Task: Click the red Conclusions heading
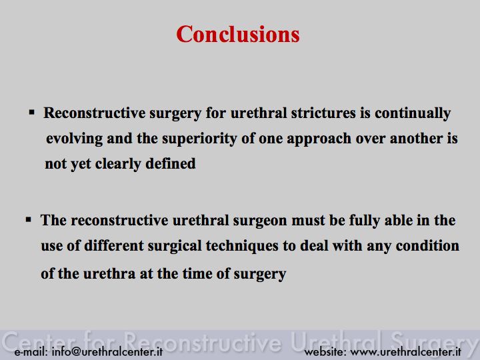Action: (238, 34)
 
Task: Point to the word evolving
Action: (75, 139)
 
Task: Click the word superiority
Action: (199, 139)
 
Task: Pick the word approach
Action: (319, 139)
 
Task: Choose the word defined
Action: (171, 164)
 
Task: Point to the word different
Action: (114, 245)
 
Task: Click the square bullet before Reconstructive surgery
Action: (32, 112)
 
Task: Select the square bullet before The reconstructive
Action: (29, 219)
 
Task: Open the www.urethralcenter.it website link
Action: (405, 351)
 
